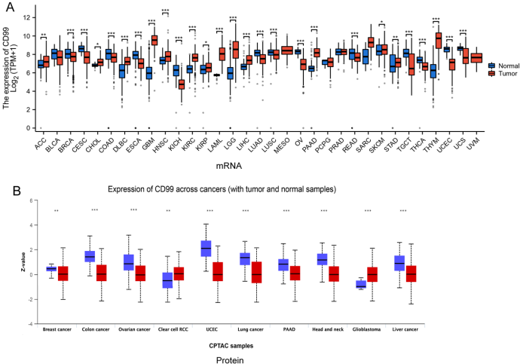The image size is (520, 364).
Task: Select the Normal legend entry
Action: pos(504,66)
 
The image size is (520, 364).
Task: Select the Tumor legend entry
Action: pos(503,74)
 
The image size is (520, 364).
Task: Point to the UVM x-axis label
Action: pos(473,139)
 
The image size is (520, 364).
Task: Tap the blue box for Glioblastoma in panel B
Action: pos(360,284)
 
